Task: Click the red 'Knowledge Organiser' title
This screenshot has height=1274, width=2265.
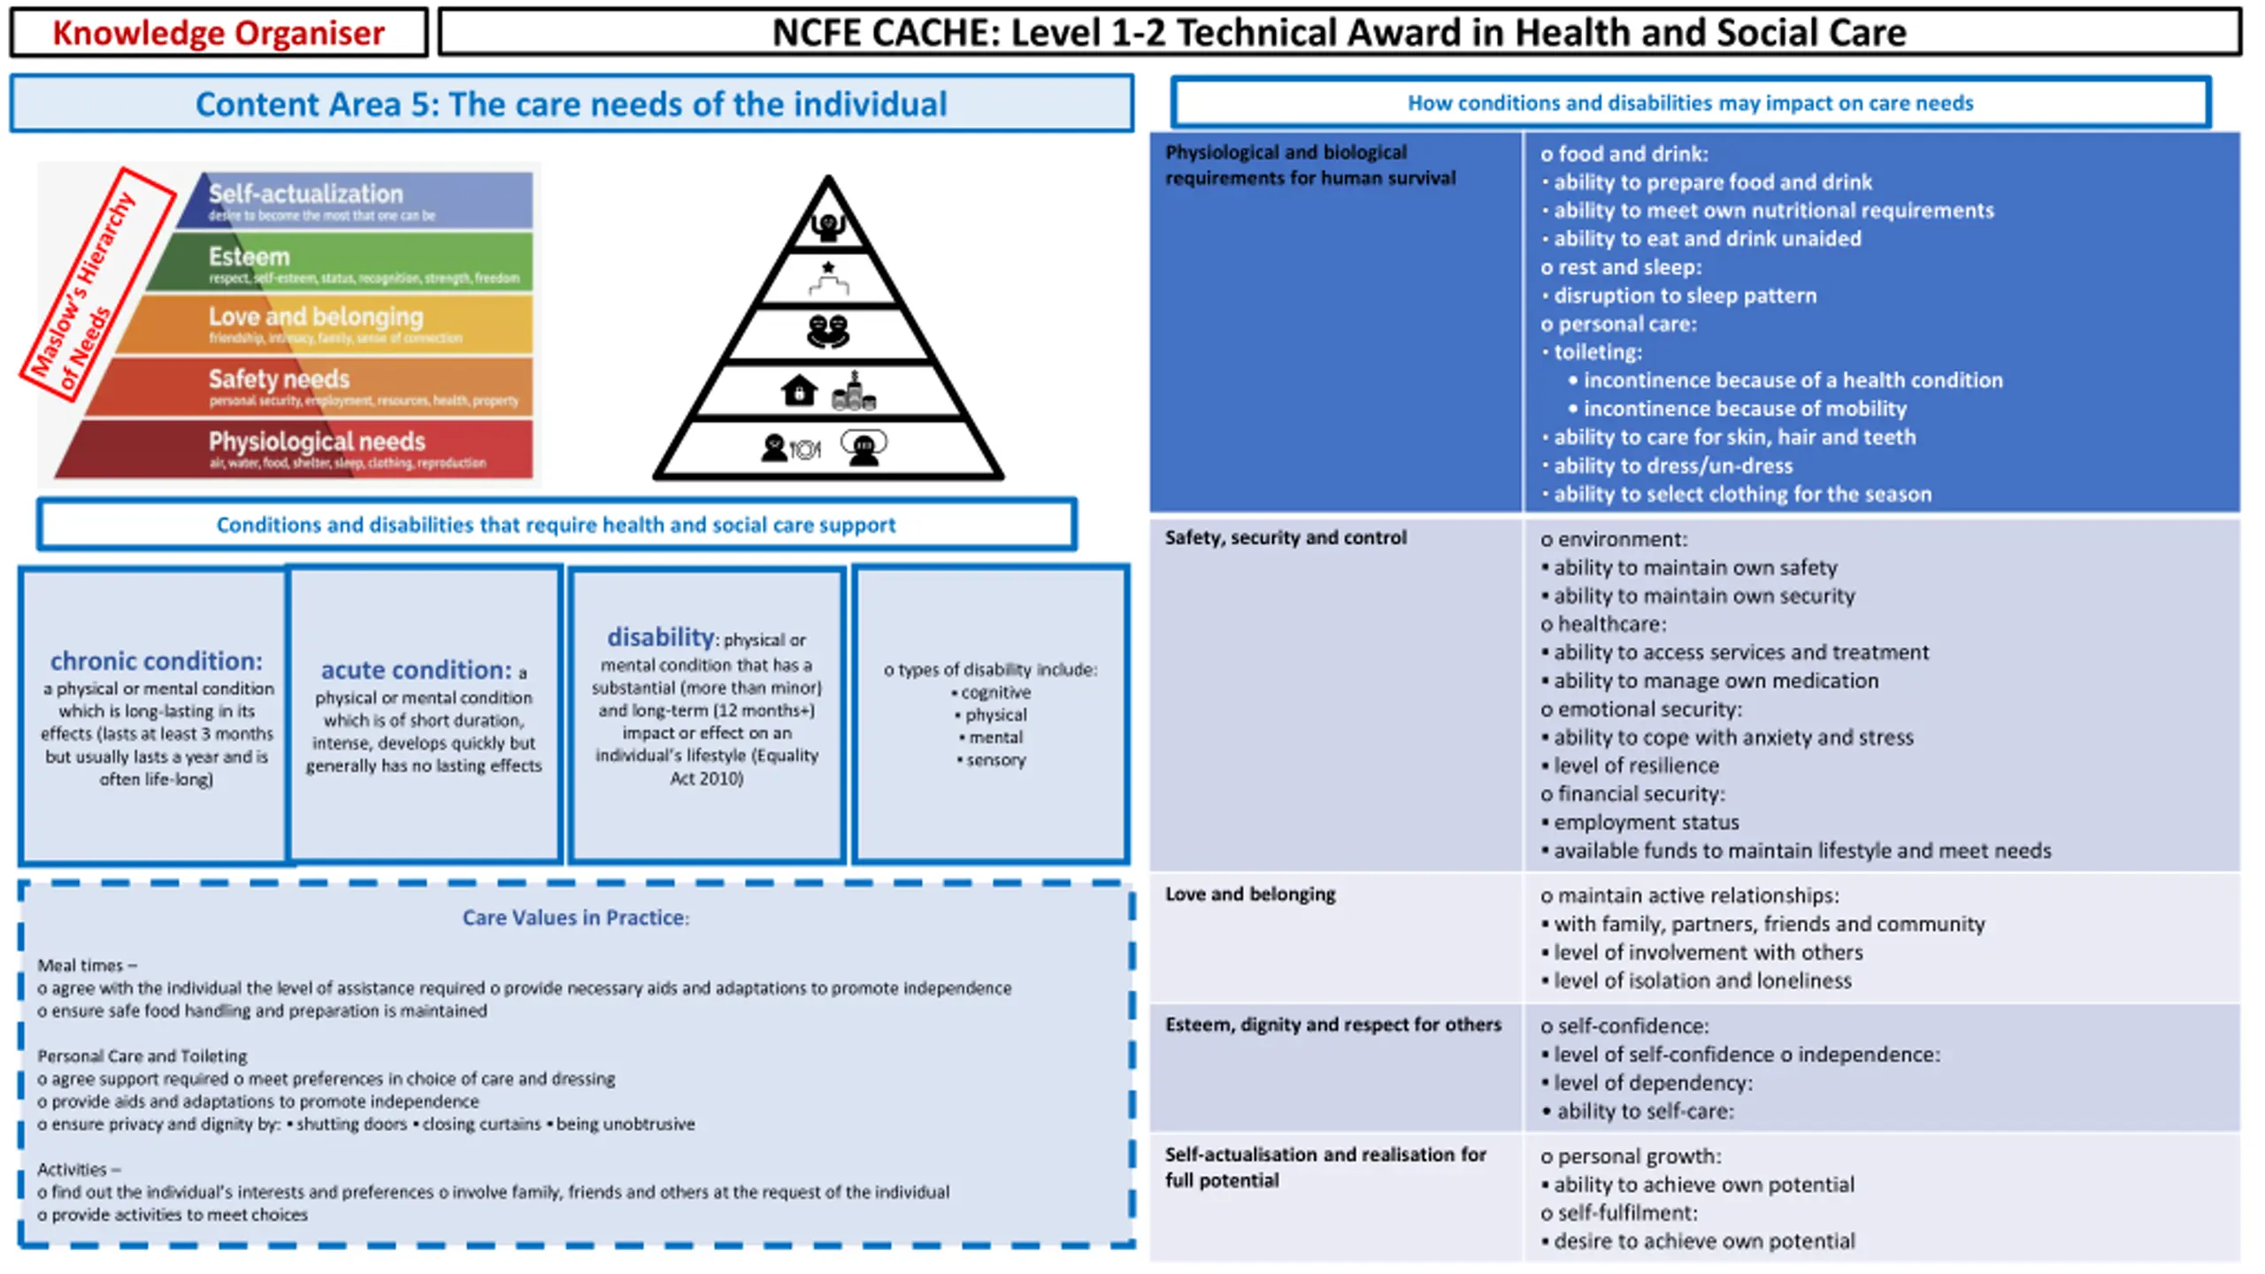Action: point(218,34)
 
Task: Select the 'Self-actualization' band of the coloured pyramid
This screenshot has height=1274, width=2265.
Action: point(354,201)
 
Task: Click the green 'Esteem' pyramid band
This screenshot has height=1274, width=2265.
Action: point(354,263)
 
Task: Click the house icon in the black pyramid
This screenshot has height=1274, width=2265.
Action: point(798,390)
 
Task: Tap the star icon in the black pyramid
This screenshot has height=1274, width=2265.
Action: point(828,267)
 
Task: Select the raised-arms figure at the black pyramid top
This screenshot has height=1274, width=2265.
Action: point(828,226)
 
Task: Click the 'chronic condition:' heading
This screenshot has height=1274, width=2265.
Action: point(156,661)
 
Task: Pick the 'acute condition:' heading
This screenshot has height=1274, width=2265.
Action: point(416,670)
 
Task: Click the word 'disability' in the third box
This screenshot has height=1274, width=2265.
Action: point(660,637)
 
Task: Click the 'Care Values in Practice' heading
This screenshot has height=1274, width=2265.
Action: point(575,917)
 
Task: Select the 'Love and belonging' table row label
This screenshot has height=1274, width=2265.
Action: point(1250,894)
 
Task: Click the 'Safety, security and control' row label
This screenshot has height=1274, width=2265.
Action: point(1286,538)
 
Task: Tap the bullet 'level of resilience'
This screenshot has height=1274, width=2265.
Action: point(1636,765)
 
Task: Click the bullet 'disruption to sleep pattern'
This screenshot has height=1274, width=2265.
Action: point(1685,295)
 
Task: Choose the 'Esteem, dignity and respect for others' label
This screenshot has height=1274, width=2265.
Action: point(1333,1025)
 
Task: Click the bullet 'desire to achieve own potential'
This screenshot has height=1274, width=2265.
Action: point(1704,1241)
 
